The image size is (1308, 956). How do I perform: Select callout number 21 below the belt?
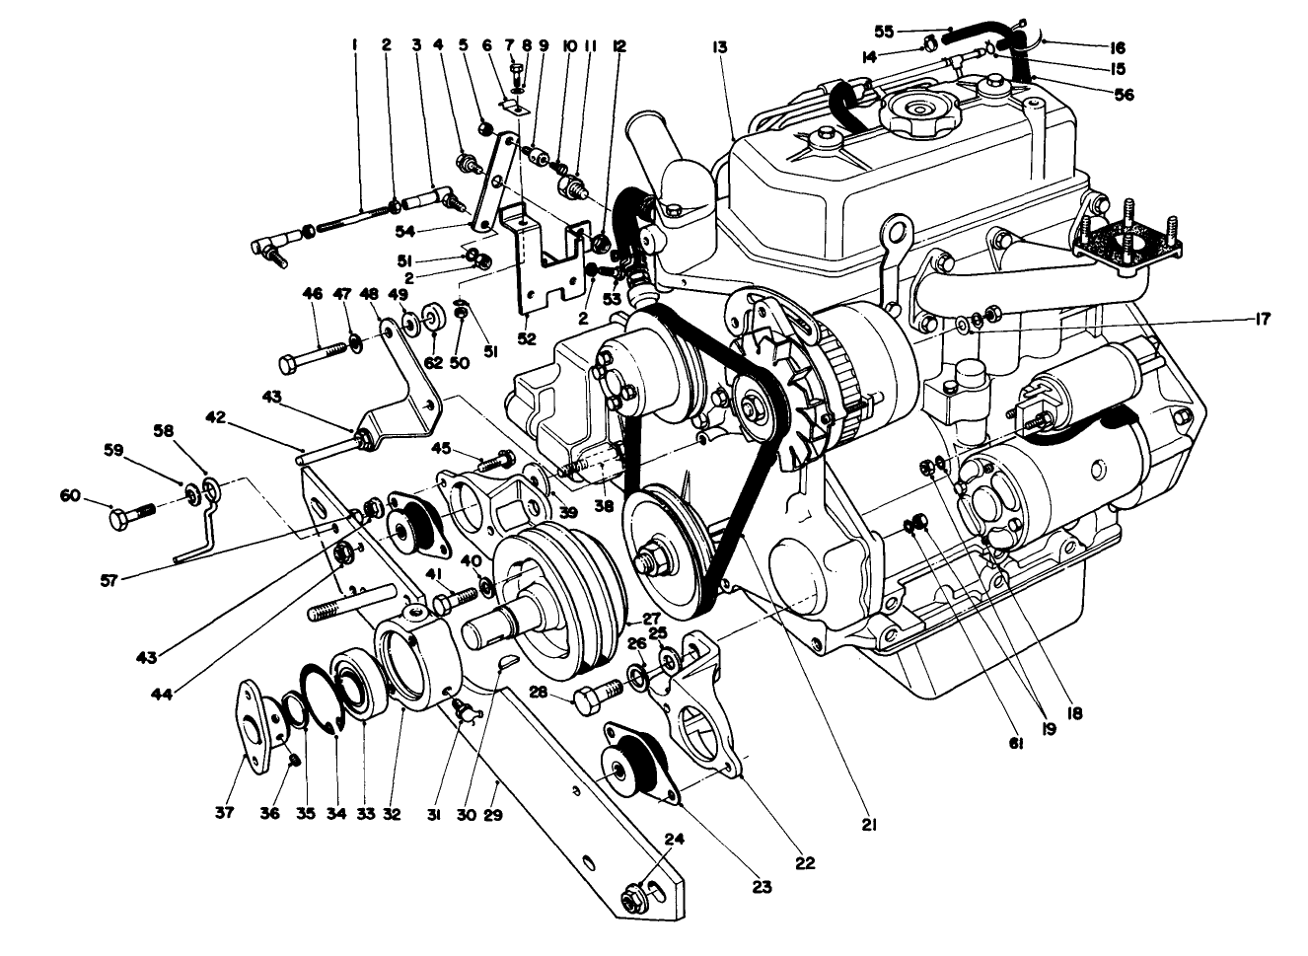869,824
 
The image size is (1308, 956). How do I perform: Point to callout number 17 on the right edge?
1264,319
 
